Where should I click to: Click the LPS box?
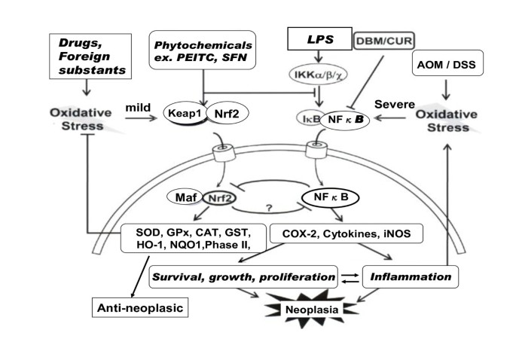pyautogui.click(x=319, y=39)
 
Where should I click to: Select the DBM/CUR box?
pyautogui.click(x=383, y=41)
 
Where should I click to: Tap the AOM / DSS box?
pyautogui.click(x=447, y=63)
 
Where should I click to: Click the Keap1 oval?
pyautogui.click(x=185, y=113)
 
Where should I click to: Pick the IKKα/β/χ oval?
pyautogui.click(x=318, y=74)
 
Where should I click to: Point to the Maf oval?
pyautogui.click(x=186, y=197)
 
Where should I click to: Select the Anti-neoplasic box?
pyautogui.click(x=140, y=308)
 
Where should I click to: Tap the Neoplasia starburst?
pyautogui.click(x=312, y=310)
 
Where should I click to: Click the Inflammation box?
pyautogui.click(x=411, y=276)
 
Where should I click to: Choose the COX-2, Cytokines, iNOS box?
pyautogui.click(x=347, y=233)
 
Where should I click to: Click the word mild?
pyautogui.click(x=138, y=107)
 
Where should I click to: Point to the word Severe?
pyautogui.click(x=395, y=105)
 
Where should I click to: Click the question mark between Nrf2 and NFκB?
pyautogui.click(x=269, y=208)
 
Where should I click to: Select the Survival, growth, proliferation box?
pyautogui.click(x=243, y=276)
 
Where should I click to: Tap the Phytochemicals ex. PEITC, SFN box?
pyautogui.click(x=203, y=50)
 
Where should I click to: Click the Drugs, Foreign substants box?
pyautogui.click(x=90, y=56)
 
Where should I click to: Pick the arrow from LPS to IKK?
pyautogui.click(x=318, y=56)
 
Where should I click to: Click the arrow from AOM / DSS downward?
pyautogui.click(x=446, y=89)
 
